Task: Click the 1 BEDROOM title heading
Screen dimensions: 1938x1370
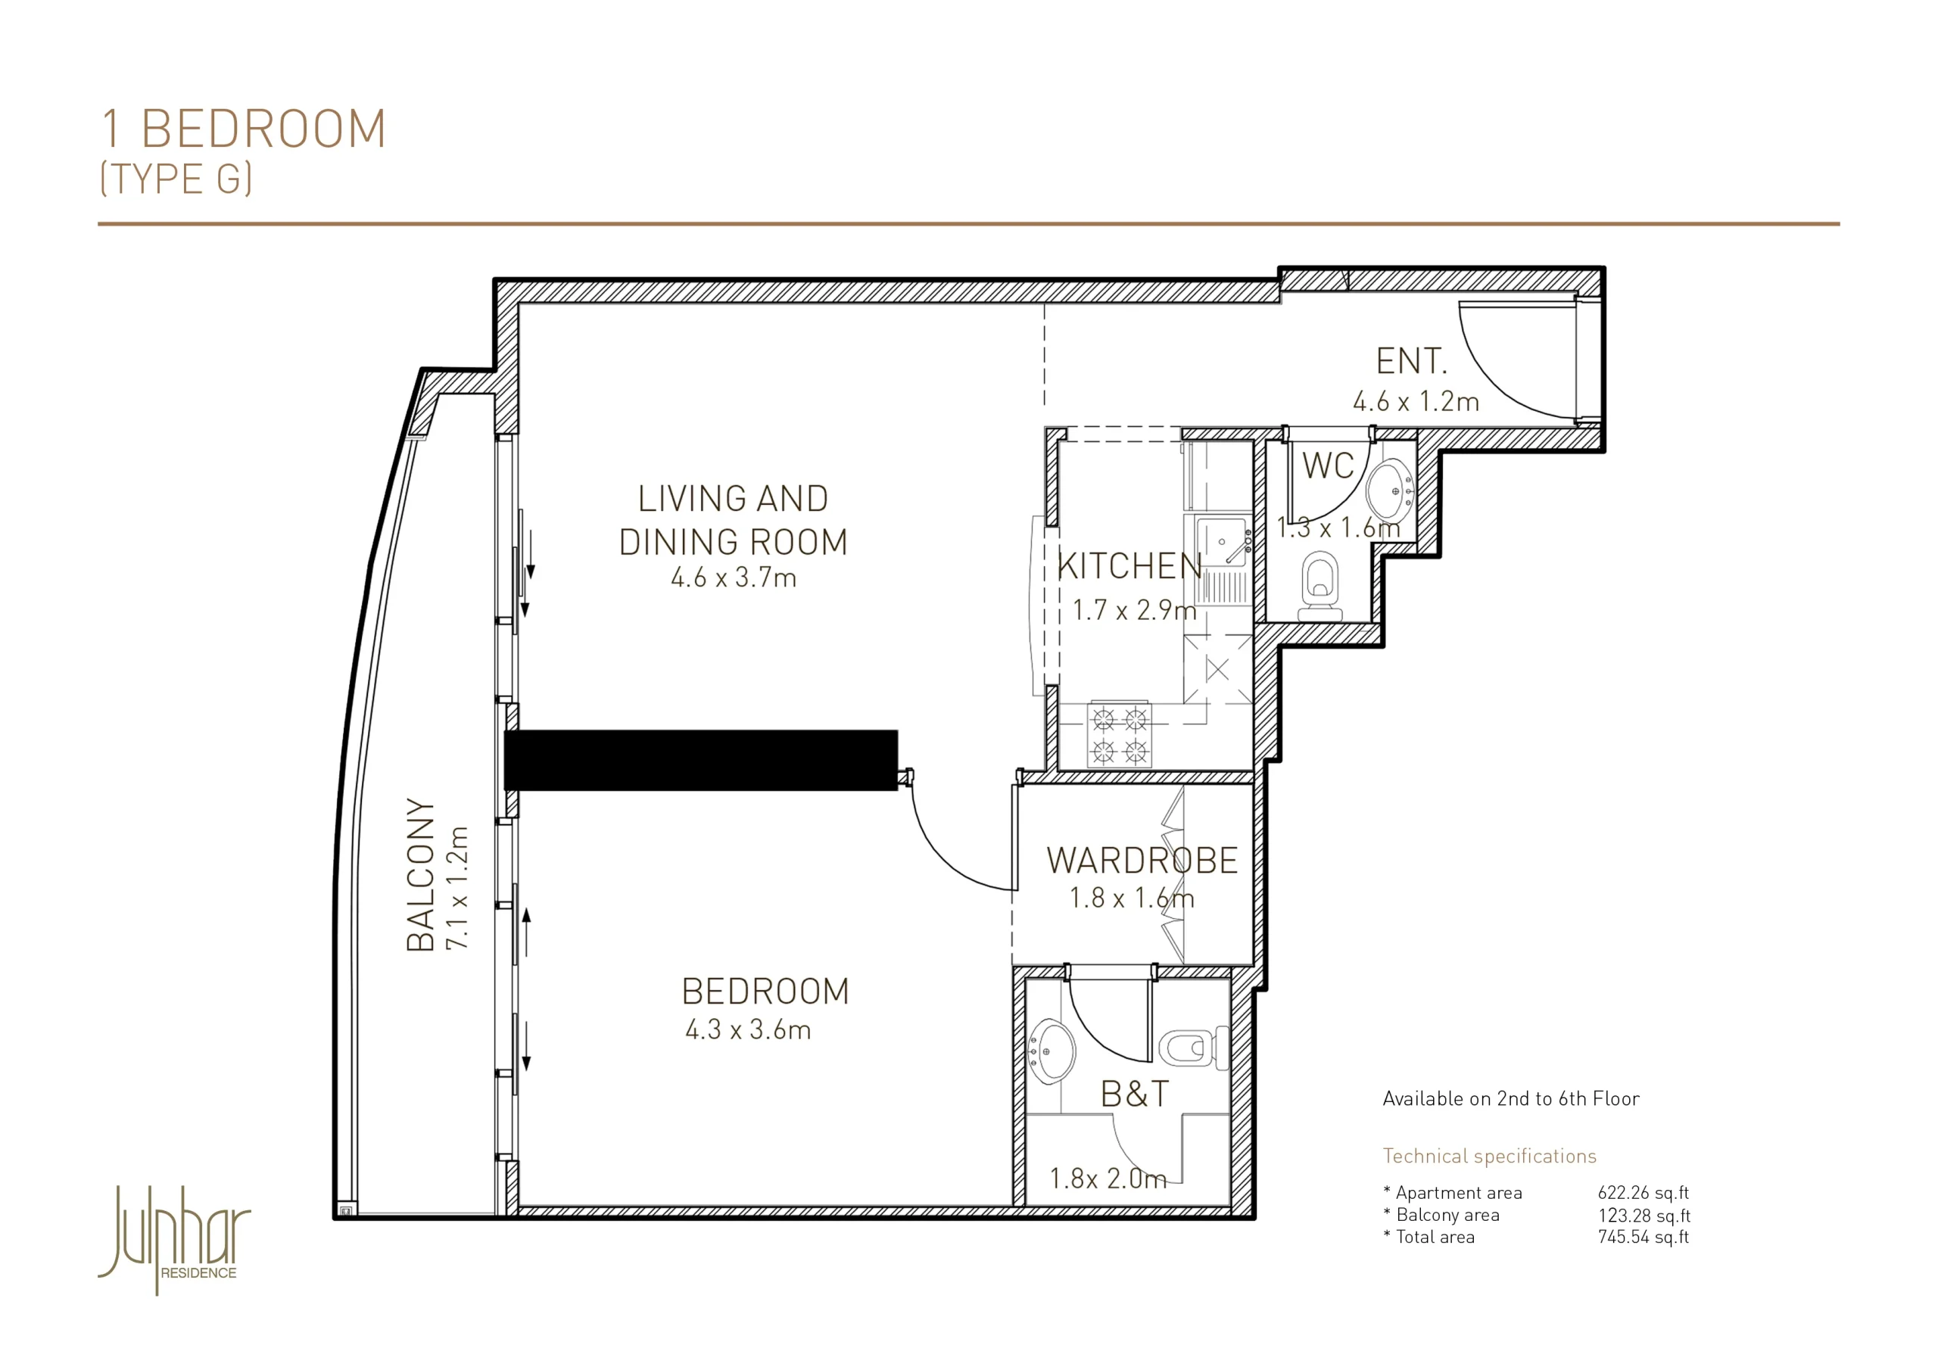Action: (244, 129)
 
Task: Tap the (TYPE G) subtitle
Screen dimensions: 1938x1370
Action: (176, 179)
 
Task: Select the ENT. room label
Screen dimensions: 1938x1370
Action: (1411, 361)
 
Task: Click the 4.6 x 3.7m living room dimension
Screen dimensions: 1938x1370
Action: (734, 578)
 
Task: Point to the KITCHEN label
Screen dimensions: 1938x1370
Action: (1129, 566)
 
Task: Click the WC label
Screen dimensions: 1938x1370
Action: (1328, 466)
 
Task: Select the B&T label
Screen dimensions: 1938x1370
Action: (1136, 1094)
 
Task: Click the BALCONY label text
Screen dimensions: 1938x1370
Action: (421, 874)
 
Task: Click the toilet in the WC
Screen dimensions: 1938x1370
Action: (1319, 586)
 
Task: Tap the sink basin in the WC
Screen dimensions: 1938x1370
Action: (1389, 490)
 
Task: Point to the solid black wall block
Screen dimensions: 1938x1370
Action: (700, 760)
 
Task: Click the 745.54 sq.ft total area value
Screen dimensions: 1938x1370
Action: (1644, 1238)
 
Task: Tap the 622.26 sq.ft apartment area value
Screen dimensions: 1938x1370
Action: (1644, 1193)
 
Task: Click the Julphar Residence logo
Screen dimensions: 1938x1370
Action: (175, 1239)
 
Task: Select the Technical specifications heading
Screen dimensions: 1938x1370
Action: (1490, 1156)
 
